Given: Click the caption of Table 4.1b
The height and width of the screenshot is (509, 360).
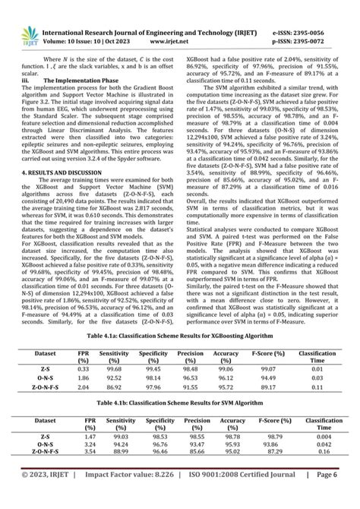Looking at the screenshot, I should pos(180,400).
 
